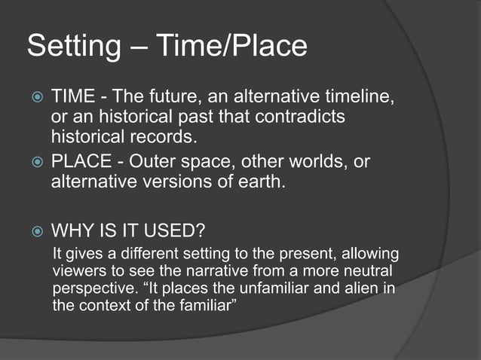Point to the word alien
click(x=363, y=288)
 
